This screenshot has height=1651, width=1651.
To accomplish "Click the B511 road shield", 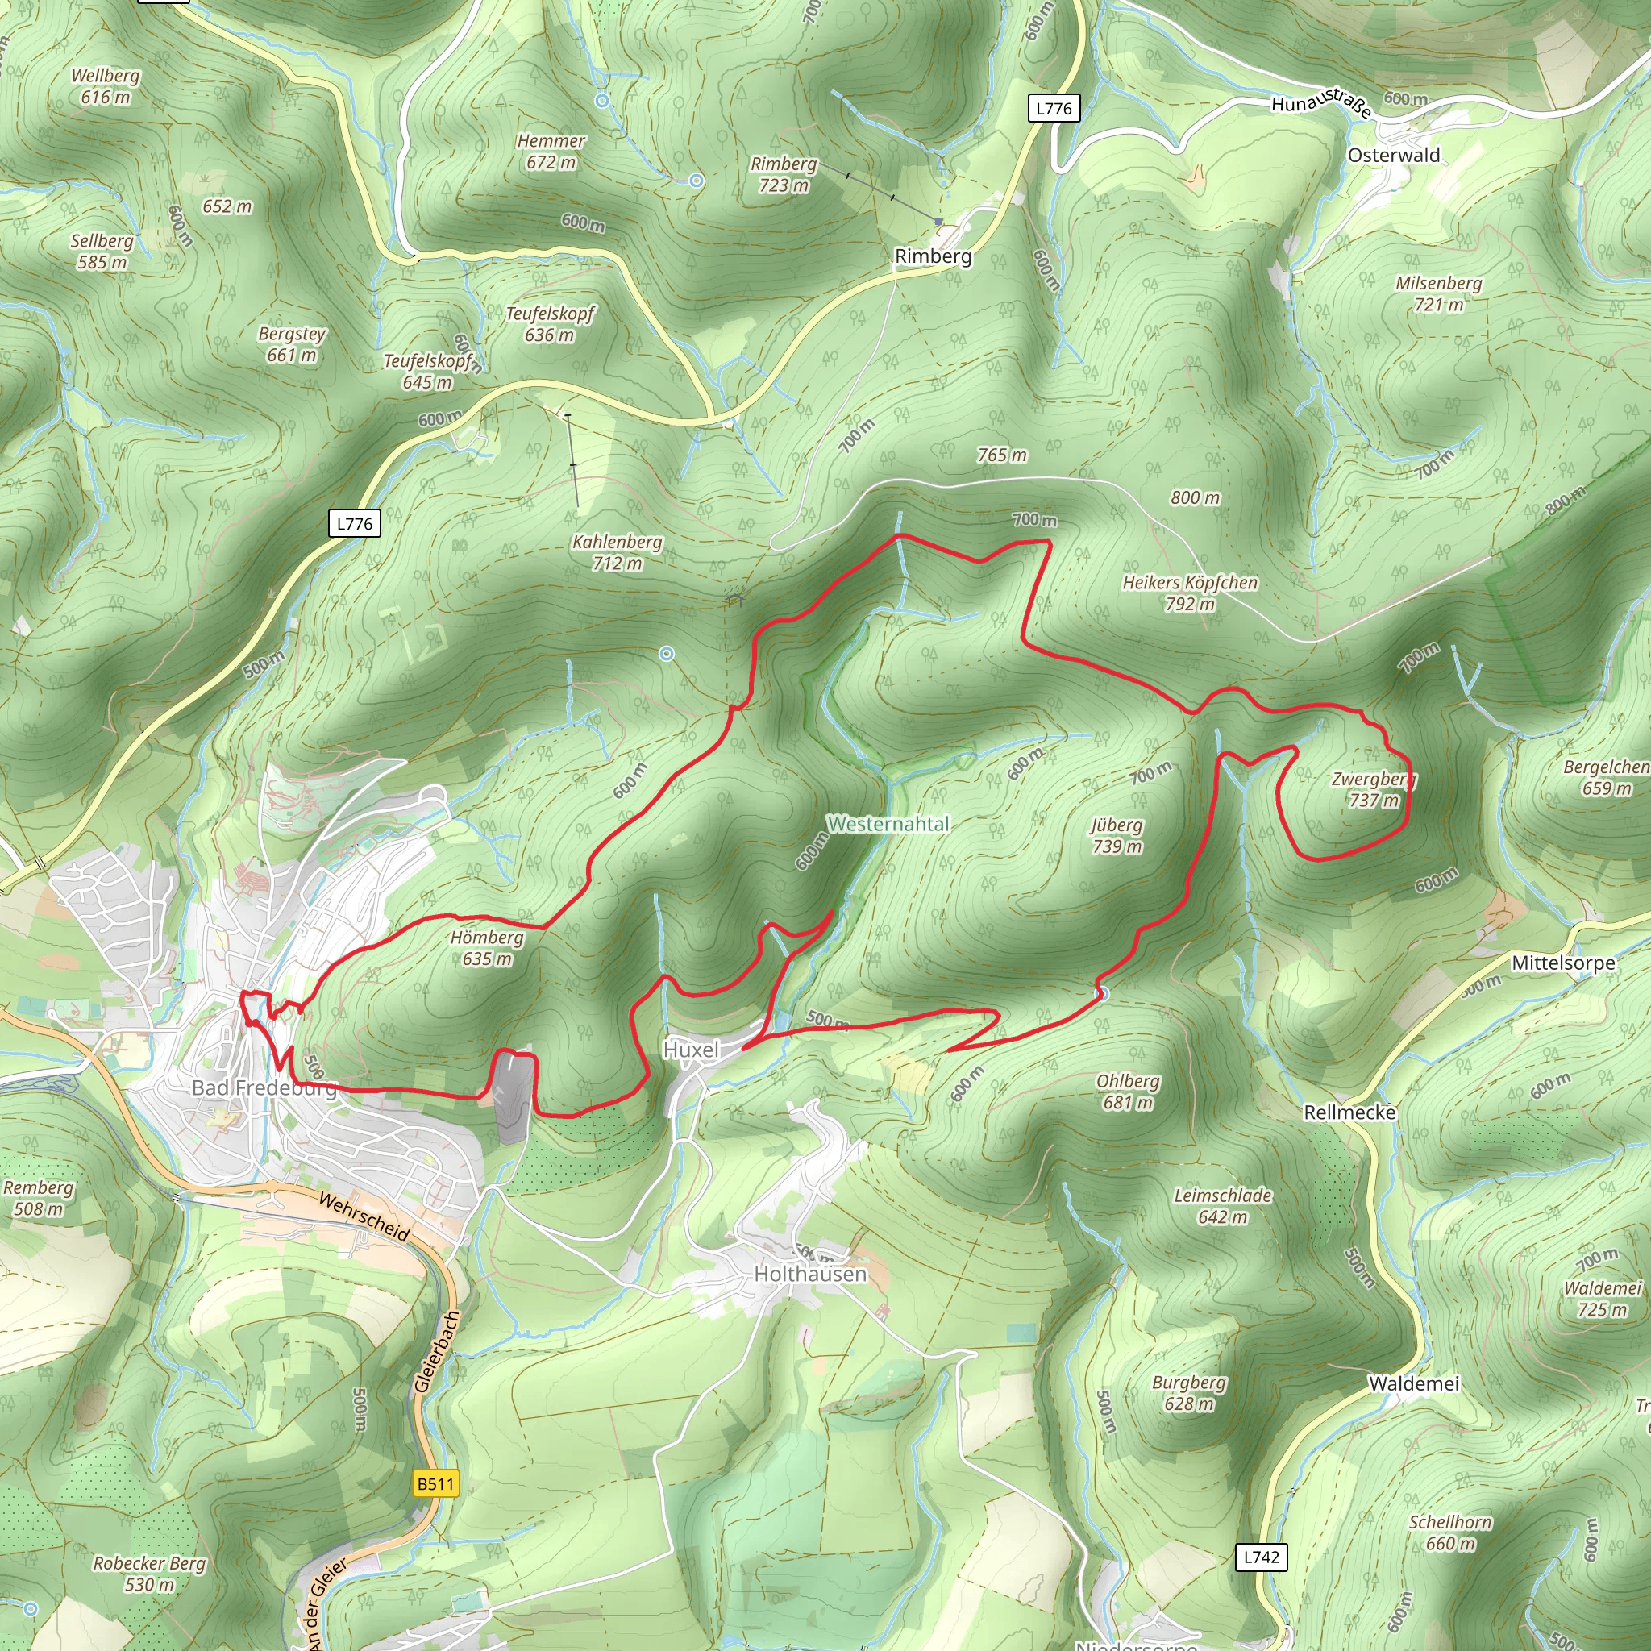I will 436,1483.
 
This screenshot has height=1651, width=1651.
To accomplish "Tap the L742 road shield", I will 1262,1556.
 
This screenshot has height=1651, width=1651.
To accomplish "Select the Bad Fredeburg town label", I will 264,1087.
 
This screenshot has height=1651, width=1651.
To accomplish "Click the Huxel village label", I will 691,1050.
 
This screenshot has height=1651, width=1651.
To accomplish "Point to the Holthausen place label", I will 810,1275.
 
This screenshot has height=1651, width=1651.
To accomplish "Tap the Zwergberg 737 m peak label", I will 1373,789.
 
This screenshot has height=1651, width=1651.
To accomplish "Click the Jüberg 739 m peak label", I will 1117,835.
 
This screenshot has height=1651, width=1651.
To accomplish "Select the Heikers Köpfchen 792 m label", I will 1191,593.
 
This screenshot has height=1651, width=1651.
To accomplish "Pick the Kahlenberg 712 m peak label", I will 617,552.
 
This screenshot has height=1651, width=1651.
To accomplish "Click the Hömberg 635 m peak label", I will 487,948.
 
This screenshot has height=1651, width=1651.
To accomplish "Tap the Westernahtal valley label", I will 888,824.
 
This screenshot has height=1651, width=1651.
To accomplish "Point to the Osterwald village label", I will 1394,156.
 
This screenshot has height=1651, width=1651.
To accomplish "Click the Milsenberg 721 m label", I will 1439,293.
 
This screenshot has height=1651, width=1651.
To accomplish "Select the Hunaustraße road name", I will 1321,105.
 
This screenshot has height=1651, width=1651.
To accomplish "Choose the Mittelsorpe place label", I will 1563,963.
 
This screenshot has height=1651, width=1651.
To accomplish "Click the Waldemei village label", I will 1414,1383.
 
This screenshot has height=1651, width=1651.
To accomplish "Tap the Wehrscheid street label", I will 364,1216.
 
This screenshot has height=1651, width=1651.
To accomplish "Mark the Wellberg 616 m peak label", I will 105,85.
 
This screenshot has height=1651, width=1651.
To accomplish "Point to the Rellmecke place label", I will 1349,1112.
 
